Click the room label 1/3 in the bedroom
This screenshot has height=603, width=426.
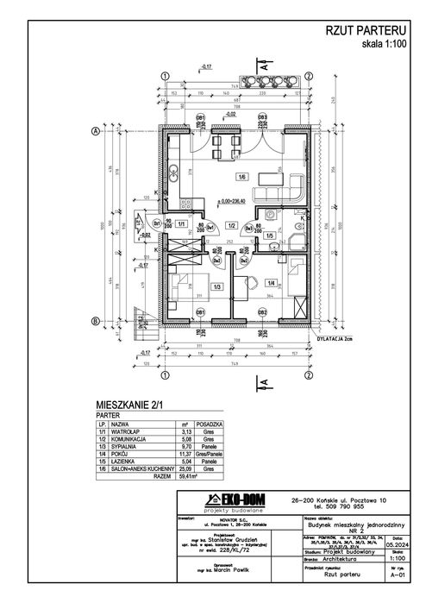point(217,286)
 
